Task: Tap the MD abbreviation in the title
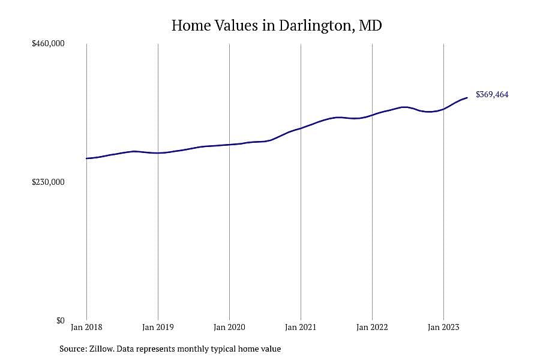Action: point(370,25)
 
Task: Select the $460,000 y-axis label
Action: point(48,44)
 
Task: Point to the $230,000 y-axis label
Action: point(48,182)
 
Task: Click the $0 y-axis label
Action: point(60,321)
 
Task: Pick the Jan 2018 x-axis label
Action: point(86,327)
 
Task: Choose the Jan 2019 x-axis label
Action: point(158,327)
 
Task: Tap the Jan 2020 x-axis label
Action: point(229,327)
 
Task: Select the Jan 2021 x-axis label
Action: point(301,327)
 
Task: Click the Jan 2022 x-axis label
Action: point(372,327)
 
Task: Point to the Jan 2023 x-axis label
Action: point(443,327)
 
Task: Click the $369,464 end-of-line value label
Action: point(492,95)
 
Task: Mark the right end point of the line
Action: point(467,98)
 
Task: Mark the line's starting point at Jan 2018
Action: point(86,158)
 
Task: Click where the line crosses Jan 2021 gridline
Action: point(301,128)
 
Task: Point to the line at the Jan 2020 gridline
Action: point(229,145)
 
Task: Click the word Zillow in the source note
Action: point(102,349)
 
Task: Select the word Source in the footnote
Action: point(73,349)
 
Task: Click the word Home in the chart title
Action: point(191,25)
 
